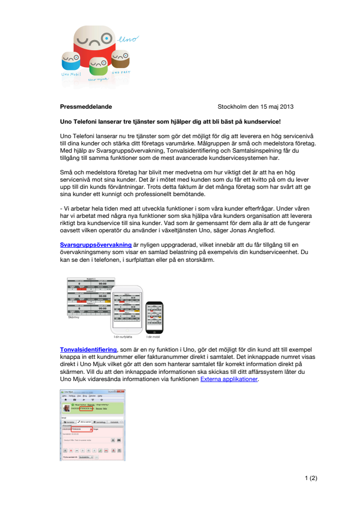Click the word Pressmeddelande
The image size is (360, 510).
[86, 107]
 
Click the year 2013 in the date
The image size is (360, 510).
[285, 107]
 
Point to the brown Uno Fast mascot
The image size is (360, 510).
[120, 60]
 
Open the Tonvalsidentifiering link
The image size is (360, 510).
[88, 349]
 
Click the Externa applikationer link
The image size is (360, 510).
[229, 379]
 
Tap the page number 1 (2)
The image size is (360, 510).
[311, 479]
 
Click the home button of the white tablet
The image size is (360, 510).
[128, 329]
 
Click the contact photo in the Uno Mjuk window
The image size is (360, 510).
[67, 408]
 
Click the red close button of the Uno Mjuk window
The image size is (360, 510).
[123, 392]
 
